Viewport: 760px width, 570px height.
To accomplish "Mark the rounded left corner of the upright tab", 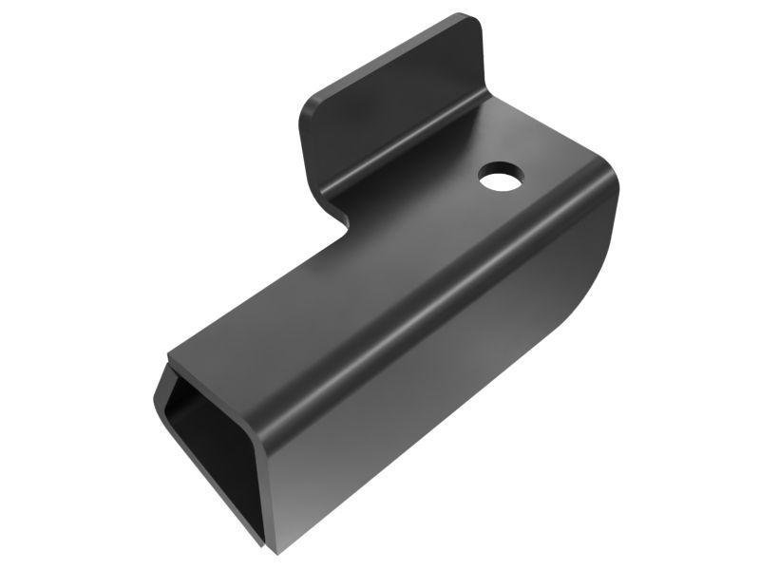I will [x=312, y=106].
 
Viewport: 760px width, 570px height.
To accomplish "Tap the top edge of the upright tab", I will [x=389, y=52].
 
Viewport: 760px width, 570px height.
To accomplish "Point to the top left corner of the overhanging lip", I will [x=169, y=362].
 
